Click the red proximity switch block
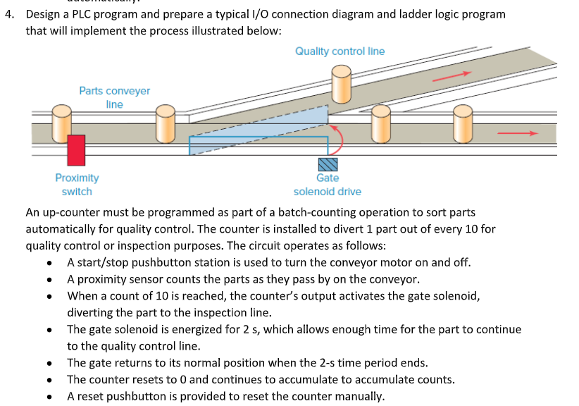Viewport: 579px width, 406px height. pos(76,150)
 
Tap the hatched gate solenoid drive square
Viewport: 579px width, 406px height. pos(328,164)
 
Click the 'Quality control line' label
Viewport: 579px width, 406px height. pos(340,51)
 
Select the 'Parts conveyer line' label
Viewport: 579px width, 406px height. pos(114,97)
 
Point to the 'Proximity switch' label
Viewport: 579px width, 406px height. pos(77,185)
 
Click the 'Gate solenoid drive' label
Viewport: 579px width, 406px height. pos(328,185)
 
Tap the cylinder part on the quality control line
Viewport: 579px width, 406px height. pos(342,84)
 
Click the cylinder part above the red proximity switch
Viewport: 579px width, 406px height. pos(62,121)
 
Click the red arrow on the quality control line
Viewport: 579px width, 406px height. pos(451,75)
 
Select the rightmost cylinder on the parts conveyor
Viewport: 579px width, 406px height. pos(463,123)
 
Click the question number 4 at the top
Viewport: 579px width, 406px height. pos(8,15)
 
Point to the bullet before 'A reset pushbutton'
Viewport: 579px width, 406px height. pos(49,396)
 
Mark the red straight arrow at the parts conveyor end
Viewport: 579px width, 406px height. pos(517,132)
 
